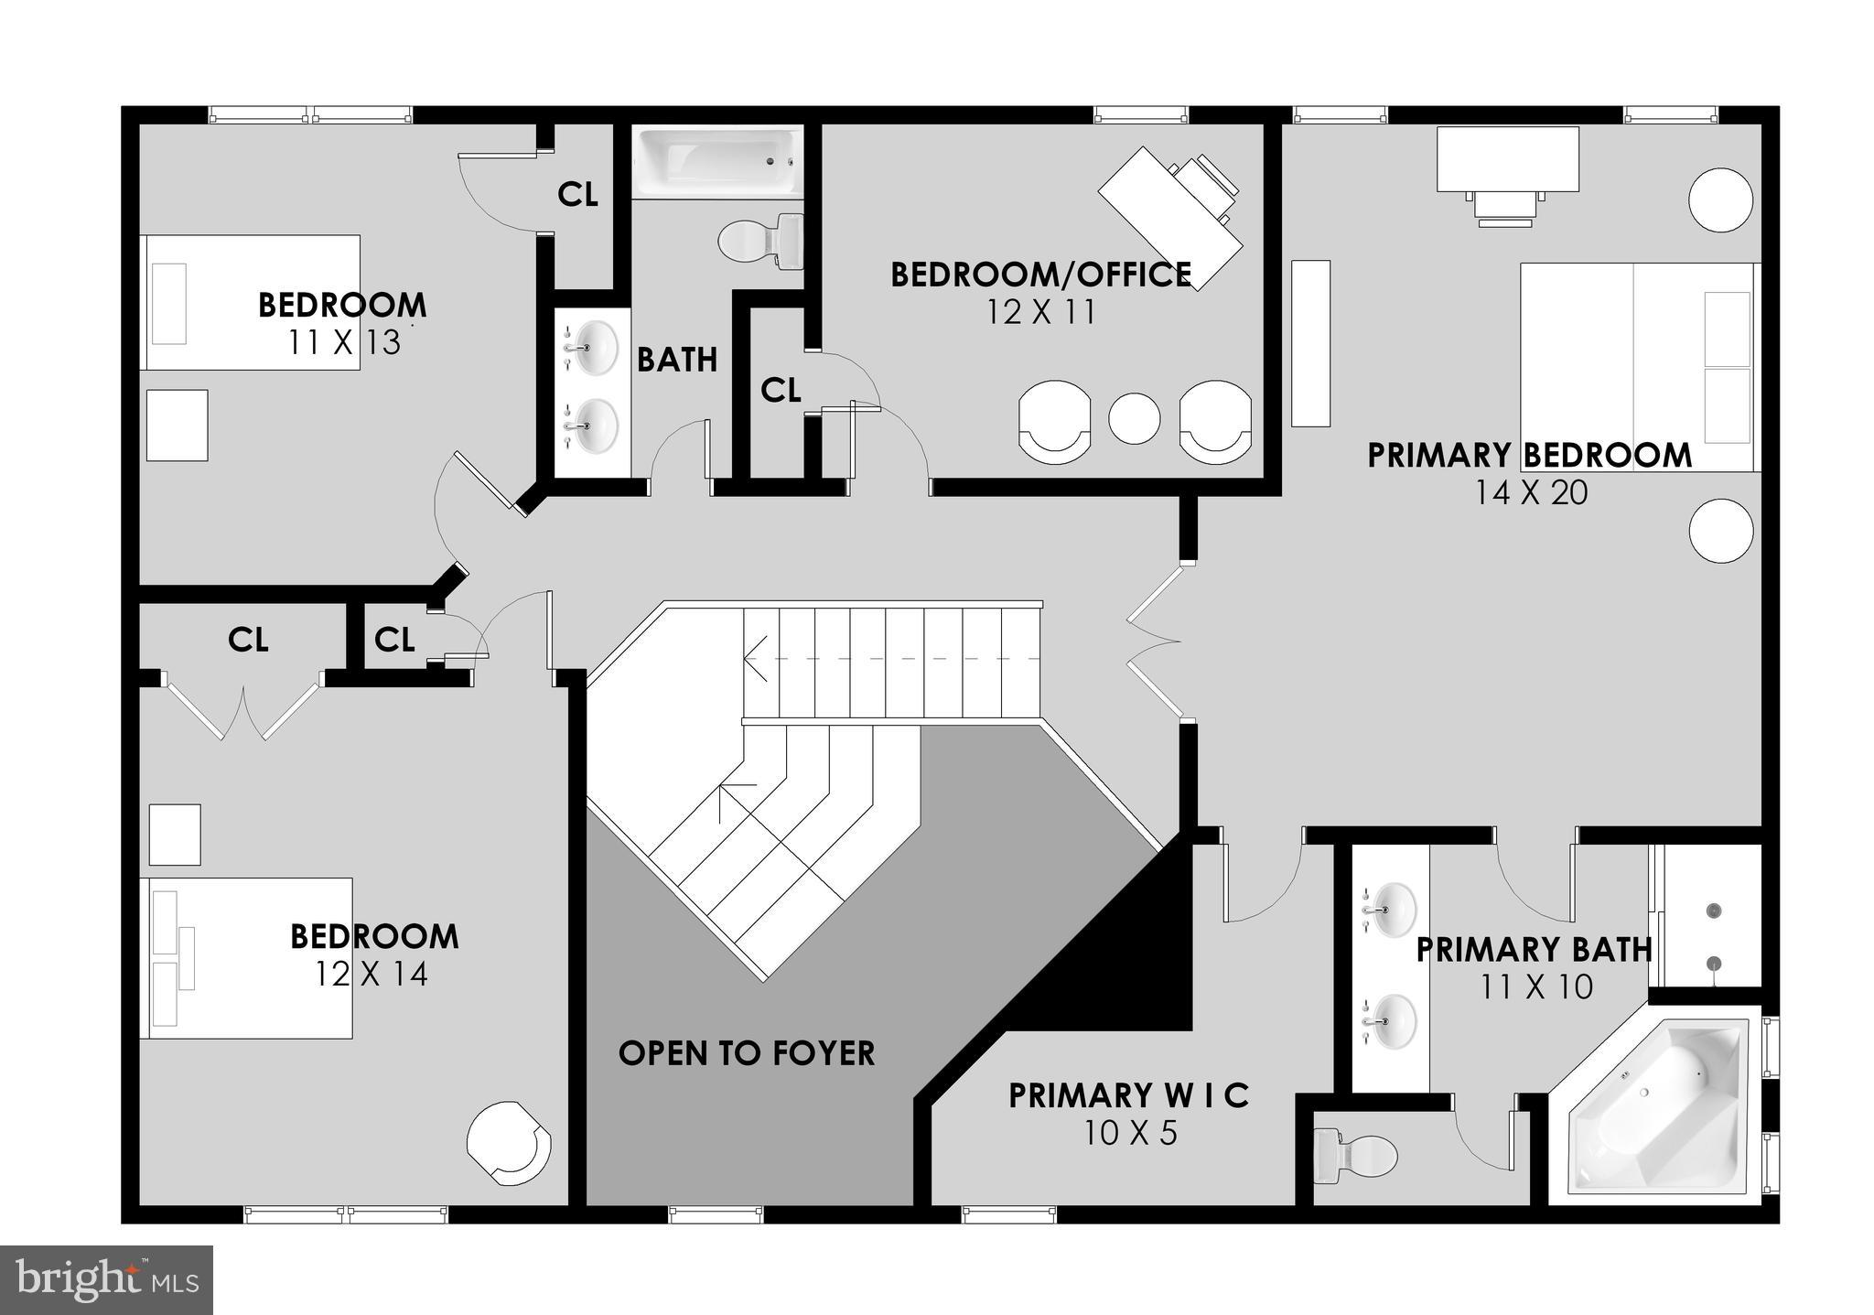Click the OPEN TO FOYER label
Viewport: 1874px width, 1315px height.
(x=747, y=1053)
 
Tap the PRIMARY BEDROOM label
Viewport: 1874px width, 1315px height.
(x=1529, y=455)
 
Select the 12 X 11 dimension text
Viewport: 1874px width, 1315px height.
(x=1040, y=313)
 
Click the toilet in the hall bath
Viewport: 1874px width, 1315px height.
(x=760, y=242)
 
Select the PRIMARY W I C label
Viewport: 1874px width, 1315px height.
(x=1129, y=1095)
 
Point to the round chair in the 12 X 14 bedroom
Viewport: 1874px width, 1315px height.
(x=509, y=1141)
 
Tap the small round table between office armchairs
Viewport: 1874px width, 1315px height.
(x=1134, y=418)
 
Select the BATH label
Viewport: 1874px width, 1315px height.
(x=677, y=360)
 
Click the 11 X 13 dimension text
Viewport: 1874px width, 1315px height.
(x=344, y=342)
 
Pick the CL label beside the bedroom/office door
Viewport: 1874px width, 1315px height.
(x=781, y=391)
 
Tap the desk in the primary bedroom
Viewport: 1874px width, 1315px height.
(x=1507, y=159)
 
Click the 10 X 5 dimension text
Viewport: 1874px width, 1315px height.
(x=1130, y=1134)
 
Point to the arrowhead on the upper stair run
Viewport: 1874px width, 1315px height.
(x=752, y=658)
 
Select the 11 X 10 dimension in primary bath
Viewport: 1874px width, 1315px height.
(x=1536, y=986)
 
